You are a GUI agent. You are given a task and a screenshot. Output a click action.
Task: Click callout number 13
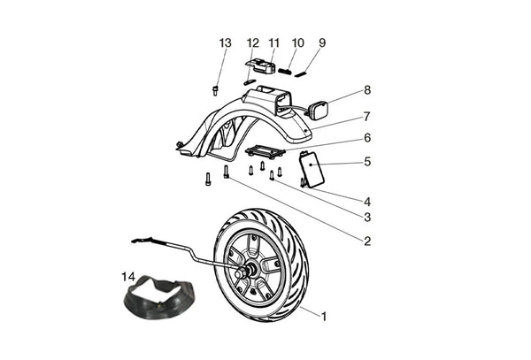(x=225, y=42)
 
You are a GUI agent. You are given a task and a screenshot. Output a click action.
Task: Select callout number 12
(x=253, y=42)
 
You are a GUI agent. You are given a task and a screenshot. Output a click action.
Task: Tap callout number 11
(x=274, y=42)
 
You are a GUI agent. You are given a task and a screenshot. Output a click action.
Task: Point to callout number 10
(x=297, y=42)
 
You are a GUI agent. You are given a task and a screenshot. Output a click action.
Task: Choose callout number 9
(x=322, y=42)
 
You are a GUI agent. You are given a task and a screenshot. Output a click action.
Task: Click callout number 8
(x=367, y=90)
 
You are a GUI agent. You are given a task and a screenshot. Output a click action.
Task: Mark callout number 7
(x=367, y=115)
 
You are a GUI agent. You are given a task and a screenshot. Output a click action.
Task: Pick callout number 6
(x=367, y=138)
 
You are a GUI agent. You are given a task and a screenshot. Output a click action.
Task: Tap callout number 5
(x=367, y=163)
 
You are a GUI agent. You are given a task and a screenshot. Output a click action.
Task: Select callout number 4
(x=367, y=202)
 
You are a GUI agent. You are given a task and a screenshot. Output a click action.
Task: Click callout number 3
(x=367, y=217)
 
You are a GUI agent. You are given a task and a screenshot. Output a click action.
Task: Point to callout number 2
(x=367, y=240)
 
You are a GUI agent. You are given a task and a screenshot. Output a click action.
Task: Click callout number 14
(x=128, y=277)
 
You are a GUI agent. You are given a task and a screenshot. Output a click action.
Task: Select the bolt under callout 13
(x=215, y=89)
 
